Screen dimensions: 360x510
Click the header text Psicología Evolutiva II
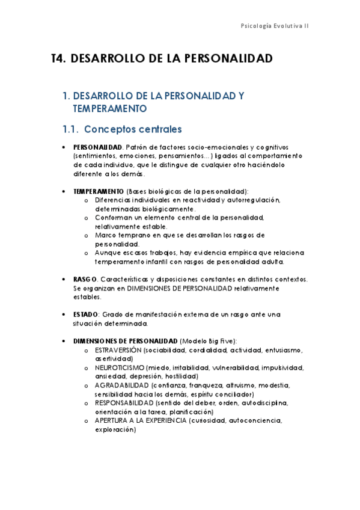point(275,26)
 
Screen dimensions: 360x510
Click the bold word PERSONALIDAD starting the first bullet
point(97,147)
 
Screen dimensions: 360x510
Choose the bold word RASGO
point(85,280)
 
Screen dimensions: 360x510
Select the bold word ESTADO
point(87,315)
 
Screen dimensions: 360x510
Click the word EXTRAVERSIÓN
point(118,350)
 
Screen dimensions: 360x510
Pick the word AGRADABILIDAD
point(122,386)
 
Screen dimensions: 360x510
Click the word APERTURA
point(111,421)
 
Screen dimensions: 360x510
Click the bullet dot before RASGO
point(64,280)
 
